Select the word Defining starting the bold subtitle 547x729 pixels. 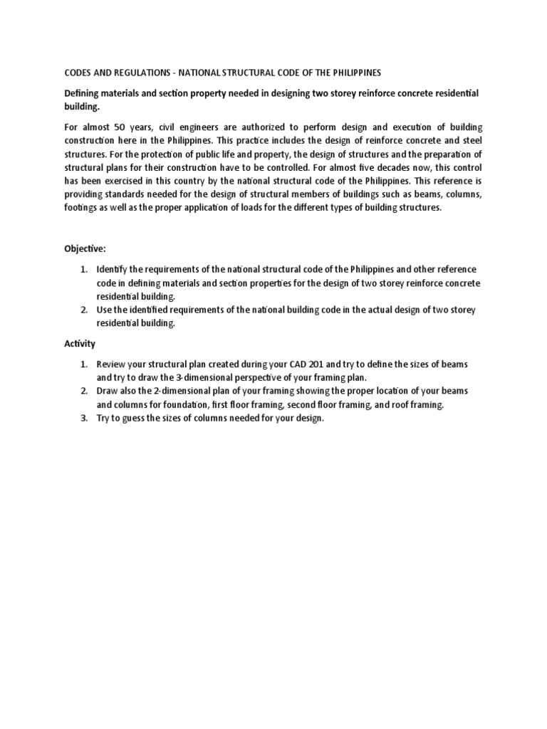(x=85, y=94)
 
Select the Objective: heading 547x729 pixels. (x=85, y=250)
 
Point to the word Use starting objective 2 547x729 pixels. (x=105, y=310)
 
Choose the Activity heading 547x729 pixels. (x=80, y=344)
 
